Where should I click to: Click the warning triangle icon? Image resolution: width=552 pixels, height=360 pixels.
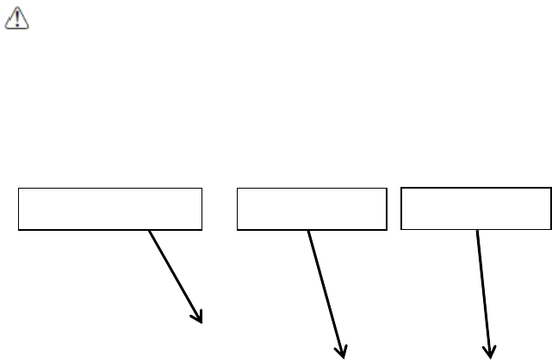(18, 20)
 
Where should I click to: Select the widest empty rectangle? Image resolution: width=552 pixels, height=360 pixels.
(110, 208)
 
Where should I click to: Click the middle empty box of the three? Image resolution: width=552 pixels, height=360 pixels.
(311, 208)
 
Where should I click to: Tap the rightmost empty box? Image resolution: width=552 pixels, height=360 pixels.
(475, 208)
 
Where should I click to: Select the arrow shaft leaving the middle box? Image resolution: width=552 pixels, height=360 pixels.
(326, 289)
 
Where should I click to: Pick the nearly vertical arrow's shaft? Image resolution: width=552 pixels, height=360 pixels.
(483, 289)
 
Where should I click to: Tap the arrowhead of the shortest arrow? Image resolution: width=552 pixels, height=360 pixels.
(200, 317)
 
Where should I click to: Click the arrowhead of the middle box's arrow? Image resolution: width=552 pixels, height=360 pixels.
(342, 349)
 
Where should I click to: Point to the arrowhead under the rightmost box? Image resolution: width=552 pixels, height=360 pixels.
(491, 348)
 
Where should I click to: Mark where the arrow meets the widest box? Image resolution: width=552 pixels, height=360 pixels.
(150, 230)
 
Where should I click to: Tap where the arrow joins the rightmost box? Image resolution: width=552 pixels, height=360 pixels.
(476, 229)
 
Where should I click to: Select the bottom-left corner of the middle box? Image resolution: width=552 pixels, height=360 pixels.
(237, 230)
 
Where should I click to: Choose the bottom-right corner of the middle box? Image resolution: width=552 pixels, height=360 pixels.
(385, 230)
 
